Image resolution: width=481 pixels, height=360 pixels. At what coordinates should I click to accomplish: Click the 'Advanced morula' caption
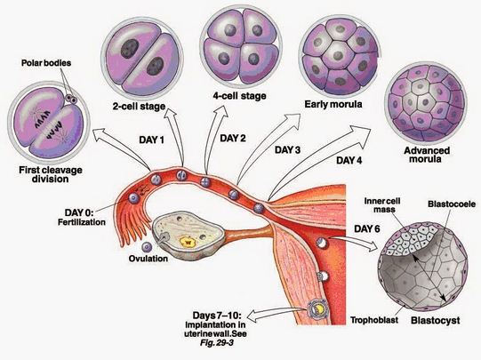coord(421,157)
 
